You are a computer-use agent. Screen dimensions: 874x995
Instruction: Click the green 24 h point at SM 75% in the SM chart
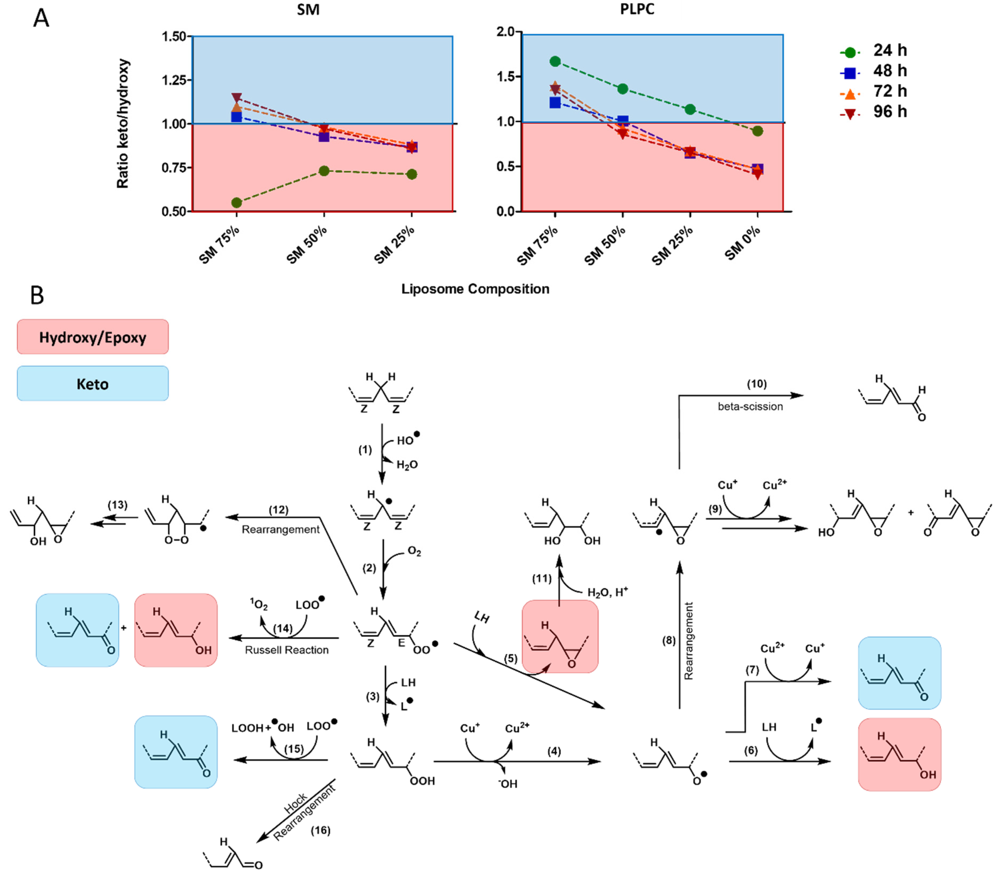pos(237,203)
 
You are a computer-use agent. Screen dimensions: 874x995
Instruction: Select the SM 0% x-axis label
pos(742,243)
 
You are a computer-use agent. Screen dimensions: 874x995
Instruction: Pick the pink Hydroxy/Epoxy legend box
pos(93,337)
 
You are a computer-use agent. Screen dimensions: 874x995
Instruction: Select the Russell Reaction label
pos(287,650)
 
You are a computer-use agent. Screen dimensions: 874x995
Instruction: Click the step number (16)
pos(320,830)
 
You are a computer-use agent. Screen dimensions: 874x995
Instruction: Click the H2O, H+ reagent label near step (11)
pos(607,592)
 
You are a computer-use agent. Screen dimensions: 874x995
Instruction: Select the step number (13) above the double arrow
pos(117,505)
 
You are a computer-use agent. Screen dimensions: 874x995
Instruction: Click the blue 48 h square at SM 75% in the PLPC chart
pos(555,103)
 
